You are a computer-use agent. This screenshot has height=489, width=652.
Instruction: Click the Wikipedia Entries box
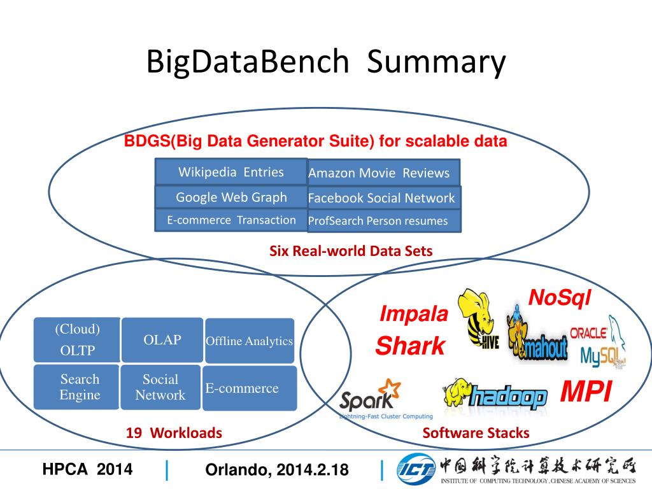click(x=230, y=172)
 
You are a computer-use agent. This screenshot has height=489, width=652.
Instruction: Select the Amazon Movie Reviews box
click(x=383, y=173)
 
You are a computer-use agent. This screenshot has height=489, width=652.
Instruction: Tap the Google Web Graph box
click(x=230, y=197)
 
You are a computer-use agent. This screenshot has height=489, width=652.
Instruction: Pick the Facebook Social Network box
click(x=383, y=198)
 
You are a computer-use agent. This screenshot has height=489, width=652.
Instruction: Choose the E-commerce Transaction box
click(x=230, y=220)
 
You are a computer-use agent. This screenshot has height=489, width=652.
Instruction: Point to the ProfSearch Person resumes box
click(x=383, y=221)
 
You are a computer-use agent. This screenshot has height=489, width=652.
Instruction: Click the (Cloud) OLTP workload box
click(x=77, y=340)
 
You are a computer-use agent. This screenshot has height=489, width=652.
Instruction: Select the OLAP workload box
click(x=162, y=340)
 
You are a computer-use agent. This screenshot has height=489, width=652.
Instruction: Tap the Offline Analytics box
click(x=250, y=341)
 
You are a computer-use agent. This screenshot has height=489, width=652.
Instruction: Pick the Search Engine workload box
click(x=77, y=387)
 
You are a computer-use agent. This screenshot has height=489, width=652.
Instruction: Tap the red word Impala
click(x=415, y=314)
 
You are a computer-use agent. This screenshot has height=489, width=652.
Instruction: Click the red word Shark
click(x=411, y=346)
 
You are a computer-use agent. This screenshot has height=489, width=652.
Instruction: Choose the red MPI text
click(x=586, y=392)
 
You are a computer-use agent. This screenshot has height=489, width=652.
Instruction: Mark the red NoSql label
click(x=560, y=297)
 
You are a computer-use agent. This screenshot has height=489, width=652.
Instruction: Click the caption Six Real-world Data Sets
click(x=351, y=252)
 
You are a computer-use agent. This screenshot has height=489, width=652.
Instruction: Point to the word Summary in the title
click(x=436, y=62)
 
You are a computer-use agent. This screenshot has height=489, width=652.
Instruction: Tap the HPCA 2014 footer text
click(x=87, y=470)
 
